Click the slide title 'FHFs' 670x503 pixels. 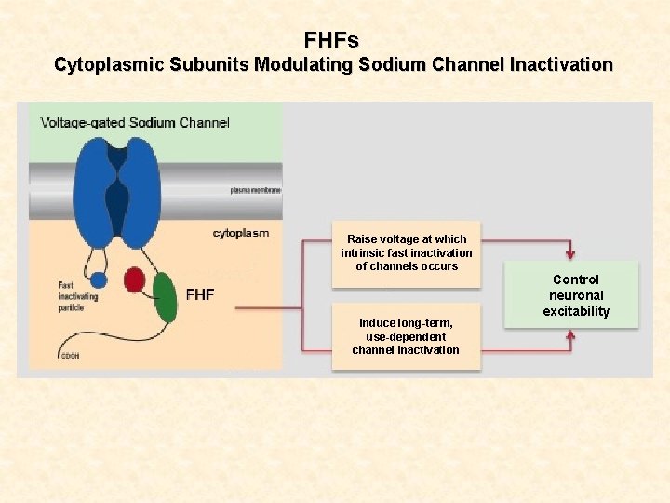tap(331, 40)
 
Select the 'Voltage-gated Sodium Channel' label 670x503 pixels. tap(134, 123)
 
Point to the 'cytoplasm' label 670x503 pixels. tap(240, 234)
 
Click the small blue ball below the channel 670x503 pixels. tap(98, 279)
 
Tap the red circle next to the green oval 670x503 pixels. tap(134, 280)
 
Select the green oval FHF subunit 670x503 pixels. tap(165, 296)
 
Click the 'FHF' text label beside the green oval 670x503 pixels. tap(200, 294)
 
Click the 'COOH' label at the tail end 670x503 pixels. tap(68, 356)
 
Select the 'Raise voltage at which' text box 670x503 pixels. tap(406, 252)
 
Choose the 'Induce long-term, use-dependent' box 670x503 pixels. tap(406, 336)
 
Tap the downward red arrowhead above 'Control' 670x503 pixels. tap(570, 253)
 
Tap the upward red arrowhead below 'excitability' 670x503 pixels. tap(570, 335)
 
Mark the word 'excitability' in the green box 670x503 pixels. tap(576, 311)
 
